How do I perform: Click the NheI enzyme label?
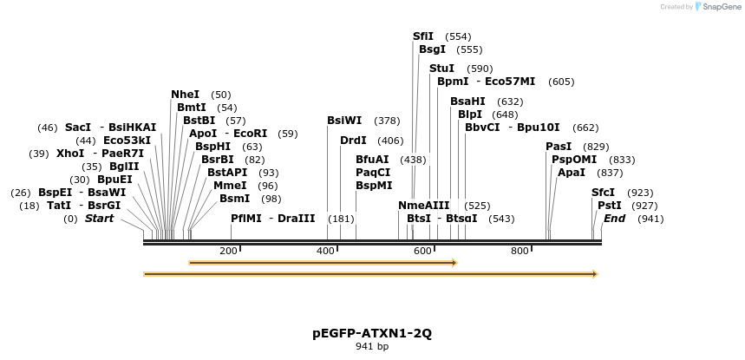coord(185,95)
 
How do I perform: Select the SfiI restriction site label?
coord(423,36)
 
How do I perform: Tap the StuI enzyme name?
coord(441,69)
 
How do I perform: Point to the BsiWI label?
coord(344,121)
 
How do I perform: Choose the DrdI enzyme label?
coord(353,141)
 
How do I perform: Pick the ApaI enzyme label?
coord(572,173)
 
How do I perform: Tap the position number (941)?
coord(650,219)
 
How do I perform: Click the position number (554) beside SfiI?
coord(458,36)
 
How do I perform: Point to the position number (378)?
coord(387,121)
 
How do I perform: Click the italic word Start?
coord(99,219)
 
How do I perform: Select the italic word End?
coord(615,219)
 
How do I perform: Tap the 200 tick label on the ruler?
coord(228,251)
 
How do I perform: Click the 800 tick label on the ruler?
coord(520,251)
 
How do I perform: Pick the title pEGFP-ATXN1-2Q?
coord(372,333)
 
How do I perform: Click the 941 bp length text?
coord(372,347)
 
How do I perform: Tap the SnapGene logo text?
coord(720,7)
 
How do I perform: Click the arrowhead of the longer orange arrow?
coord(594,274)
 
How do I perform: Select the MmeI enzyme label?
coord(230,186)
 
